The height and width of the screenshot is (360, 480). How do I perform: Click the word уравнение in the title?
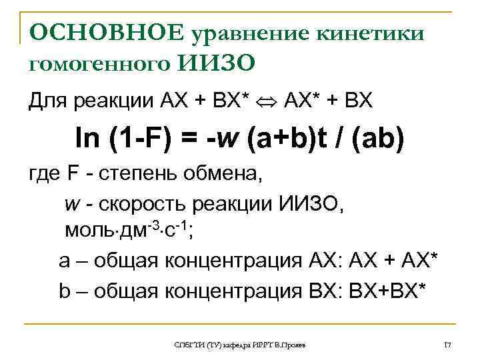click(x=243, y=33)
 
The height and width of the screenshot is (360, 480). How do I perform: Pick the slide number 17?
click(x=447, y=344)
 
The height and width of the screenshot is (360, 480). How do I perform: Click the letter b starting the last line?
click(x=65, y=288)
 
